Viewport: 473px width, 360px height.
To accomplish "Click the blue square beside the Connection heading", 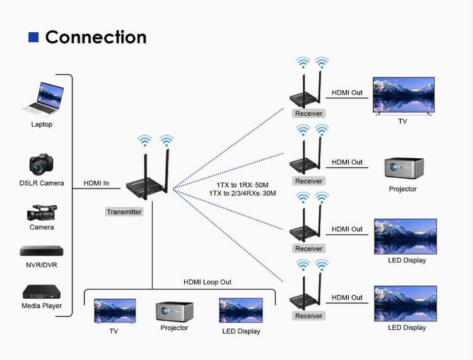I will (33, 37).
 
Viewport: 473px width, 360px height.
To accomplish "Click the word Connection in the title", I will (96, 37).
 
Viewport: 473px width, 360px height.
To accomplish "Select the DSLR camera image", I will (42, 164).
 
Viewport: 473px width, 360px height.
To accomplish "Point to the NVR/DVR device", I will (41, 250).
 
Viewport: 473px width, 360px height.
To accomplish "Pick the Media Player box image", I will (41, 293).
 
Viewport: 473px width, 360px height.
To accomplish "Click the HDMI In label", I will (96, 183).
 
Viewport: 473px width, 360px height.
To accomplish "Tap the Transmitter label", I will (124, 212).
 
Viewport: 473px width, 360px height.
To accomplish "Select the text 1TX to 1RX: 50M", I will (243, 185).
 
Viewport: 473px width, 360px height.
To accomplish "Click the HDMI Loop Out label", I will (207, 282).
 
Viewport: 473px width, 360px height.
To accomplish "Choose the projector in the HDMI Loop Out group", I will (174, 311).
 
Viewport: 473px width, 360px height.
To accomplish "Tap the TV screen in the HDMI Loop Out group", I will (115, 310).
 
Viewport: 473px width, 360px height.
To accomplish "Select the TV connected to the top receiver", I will (404, 95).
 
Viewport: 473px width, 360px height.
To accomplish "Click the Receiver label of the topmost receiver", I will (308, 113).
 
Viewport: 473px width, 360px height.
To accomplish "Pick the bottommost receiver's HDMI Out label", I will (347, 298).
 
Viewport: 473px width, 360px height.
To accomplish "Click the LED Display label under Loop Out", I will (241, 331).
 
